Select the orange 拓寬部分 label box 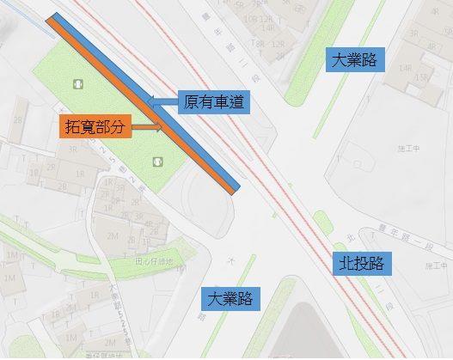(98, 126)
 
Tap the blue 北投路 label (361, 262)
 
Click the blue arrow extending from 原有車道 (162, 101)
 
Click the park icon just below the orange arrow (157, 161)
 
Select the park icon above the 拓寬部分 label (78, 84)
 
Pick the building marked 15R (421, 77)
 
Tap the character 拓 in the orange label (76, 126)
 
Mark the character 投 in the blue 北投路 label (361, 262)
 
